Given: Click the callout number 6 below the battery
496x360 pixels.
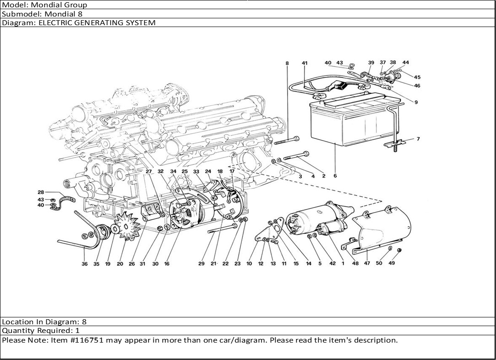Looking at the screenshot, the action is pos(335,176).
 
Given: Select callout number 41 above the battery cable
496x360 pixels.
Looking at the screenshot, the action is pos(304,63).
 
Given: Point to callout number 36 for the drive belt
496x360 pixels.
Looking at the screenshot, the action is pos(84,264).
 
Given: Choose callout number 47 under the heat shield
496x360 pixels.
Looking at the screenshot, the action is pos(367,263).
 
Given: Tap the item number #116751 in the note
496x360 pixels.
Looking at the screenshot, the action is pos(90,340).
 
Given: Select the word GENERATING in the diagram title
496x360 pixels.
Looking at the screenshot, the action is pos(83,22).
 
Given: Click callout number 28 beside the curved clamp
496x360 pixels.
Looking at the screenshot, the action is pos(41,192).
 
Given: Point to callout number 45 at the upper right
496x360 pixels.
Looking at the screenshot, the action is pos(417,77).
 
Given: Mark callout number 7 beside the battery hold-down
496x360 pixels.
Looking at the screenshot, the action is pos(418,139).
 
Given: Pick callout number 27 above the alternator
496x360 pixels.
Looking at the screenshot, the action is pos(149,171).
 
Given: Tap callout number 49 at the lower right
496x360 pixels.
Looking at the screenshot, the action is pos(392,263).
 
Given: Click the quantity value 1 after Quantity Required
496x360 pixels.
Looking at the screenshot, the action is pos(77,331).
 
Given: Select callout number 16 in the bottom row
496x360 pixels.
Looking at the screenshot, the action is pos(167,264).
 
